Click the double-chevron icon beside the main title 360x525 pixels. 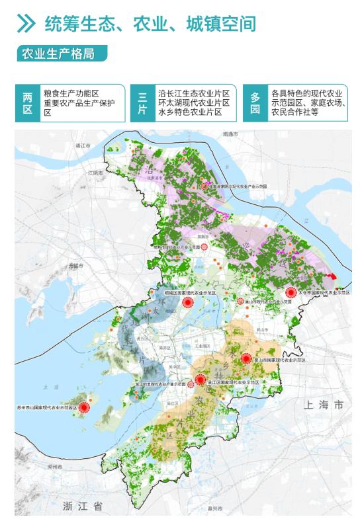pyautogui.click(x=26, y=24)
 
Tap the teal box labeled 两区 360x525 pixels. pyautogui.click(x=27, y=103)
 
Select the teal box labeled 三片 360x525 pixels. pyautogui.click(x=142, y=103)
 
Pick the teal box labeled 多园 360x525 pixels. pyautogui.click(x=255, y=103)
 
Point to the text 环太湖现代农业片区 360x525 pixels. pyautogui.click(x=193, y=103)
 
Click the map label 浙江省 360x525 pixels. pyautogui.click(x=83, y=506)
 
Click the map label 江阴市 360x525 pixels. pyautogui.click(x=96, y=173)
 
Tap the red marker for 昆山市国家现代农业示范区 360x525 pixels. pyautogui.click(x=246, y=358)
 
